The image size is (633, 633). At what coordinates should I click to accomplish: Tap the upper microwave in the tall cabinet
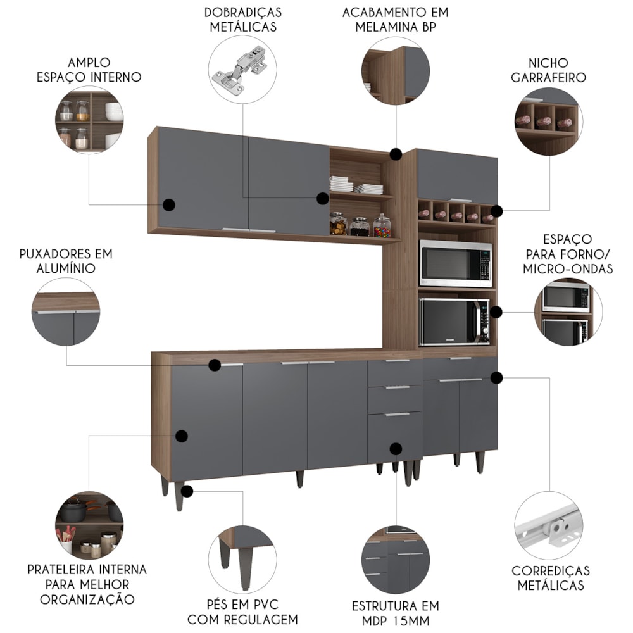456,263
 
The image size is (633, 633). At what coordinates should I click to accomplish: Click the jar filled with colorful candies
382,225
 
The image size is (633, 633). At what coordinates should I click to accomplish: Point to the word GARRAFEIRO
548,77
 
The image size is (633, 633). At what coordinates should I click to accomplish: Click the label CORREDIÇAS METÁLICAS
551,578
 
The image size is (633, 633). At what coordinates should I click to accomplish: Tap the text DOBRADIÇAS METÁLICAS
243,20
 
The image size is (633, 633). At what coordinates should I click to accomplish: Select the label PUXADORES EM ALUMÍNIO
66,261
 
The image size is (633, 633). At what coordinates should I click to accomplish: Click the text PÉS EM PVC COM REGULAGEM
242,611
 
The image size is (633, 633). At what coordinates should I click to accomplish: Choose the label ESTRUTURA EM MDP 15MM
395,613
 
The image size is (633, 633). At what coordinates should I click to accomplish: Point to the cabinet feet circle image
242,560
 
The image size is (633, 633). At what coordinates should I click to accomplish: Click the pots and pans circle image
89,525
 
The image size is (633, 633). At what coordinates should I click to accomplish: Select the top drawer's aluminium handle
398,361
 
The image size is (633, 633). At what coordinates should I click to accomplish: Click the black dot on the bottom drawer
396,449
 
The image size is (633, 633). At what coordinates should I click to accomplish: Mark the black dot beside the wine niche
497,211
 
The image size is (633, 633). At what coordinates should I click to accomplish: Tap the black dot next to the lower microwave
496,311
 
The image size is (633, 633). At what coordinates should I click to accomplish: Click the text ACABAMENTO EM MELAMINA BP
395,20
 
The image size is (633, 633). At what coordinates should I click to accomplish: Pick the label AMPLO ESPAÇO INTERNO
89,70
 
